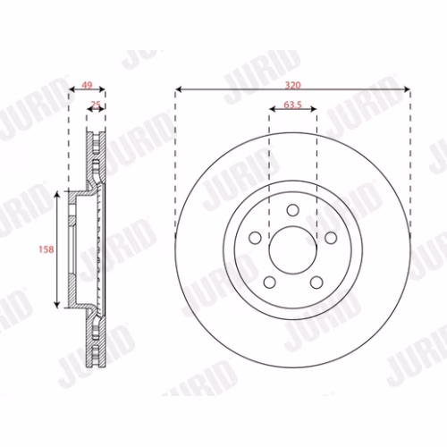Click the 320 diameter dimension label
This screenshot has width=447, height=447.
pos(292,85)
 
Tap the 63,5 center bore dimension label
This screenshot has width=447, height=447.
pos(292,105)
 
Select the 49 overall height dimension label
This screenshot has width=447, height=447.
pos(87,85)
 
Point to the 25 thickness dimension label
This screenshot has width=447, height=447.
pos(96,105)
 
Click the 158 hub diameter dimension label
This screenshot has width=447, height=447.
pos(46,249)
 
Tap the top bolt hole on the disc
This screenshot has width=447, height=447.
pos(293,210)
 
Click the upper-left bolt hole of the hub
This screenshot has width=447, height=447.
pos(255,238)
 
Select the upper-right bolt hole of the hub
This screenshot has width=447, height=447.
pos(331,238)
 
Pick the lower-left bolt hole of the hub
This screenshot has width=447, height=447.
pos(270,283)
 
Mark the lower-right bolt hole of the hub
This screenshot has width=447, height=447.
pos(316,283)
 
